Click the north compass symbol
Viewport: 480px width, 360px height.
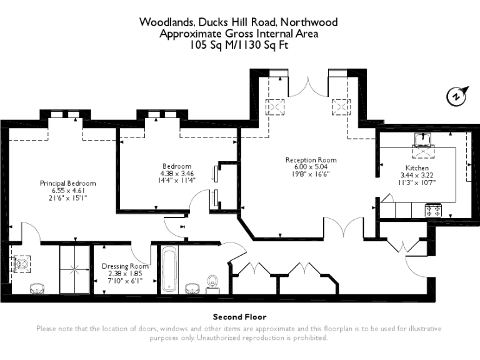(x=456, y=97)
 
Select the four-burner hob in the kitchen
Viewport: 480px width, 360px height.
(x=432, y=210)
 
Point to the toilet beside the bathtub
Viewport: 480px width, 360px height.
(x=213, y=283)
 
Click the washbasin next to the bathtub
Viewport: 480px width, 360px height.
(x=192, y=289)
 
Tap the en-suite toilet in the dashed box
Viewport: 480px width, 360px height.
(x=23, y=264)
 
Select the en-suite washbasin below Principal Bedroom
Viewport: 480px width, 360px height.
(x=37, y=288)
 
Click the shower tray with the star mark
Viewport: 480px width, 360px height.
(x=74, y=270)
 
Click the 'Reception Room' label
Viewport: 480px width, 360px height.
(x=311, y=159)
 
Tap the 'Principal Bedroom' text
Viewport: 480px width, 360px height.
(x=68, y=183)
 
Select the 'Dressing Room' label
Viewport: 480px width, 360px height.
(x=126, y=266)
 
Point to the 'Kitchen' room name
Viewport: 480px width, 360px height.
(x=417, y=168)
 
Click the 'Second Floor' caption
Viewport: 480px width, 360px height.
(x=239, y=317)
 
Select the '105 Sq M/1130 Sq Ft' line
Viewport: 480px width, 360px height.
(x=239, y=44)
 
